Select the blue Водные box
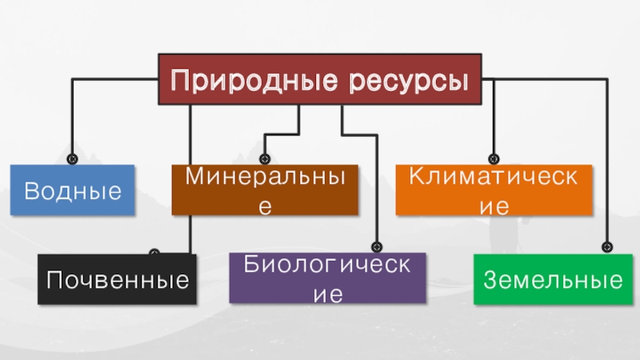click(73, 190)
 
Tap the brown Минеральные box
click(266, 190)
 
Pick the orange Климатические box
click(494, 190)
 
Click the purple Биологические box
click(327, 278)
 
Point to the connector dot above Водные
click(73, 159)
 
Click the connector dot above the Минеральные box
click(266, 159)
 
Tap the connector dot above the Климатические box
click(494, 159)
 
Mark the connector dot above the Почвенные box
click(154, 253)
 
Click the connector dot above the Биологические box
click(375, 247)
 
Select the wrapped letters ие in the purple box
click(327, 294)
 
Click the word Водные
click(73, 190)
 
